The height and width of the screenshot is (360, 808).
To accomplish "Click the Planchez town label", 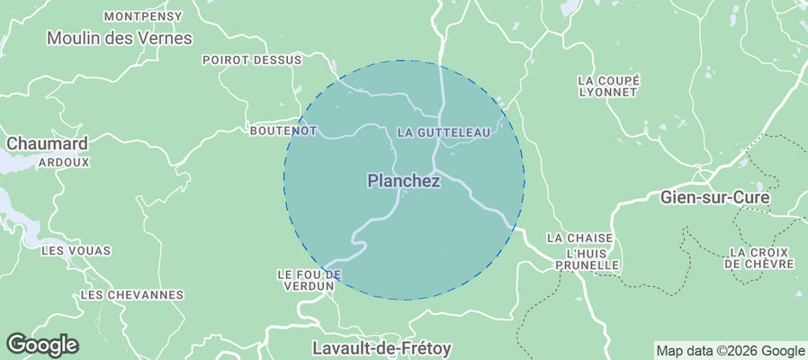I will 403,181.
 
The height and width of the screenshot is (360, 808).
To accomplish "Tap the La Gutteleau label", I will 444,132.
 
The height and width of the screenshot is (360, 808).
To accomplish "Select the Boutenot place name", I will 283,130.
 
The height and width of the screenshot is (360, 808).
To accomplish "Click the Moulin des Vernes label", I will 120,38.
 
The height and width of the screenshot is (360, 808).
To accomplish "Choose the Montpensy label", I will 143,16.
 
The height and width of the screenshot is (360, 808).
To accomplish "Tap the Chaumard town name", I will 47,144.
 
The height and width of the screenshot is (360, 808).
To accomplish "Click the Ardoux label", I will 64,163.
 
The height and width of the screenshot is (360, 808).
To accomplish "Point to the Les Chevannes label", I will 131,294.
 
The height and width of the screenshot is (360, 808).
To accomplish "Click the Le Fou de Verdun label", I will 309,279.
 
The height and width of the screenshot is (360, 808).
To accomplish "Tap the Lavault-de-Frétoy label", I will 382,346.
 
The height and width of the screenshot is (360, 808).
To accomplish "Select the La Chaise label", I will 579,238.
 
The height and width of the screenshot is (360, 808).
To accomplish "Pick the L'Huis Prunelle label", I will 588,259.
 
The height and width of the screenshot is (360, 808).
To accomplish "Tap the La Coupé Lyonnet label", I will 609,86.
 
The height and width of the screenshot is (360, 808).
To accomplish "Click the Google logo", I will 42,344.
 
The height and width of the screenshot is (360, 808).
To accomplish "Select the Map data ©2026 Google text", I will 730,351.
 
